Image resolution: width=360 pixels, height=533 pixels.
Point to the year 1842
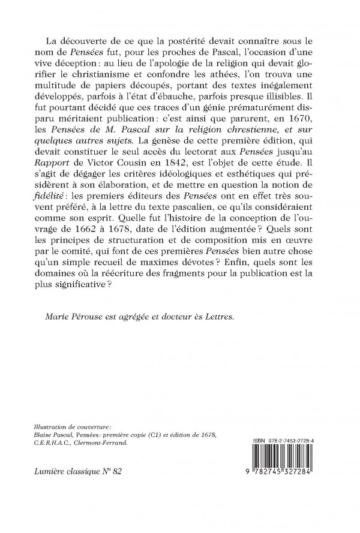coord(198,198)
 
